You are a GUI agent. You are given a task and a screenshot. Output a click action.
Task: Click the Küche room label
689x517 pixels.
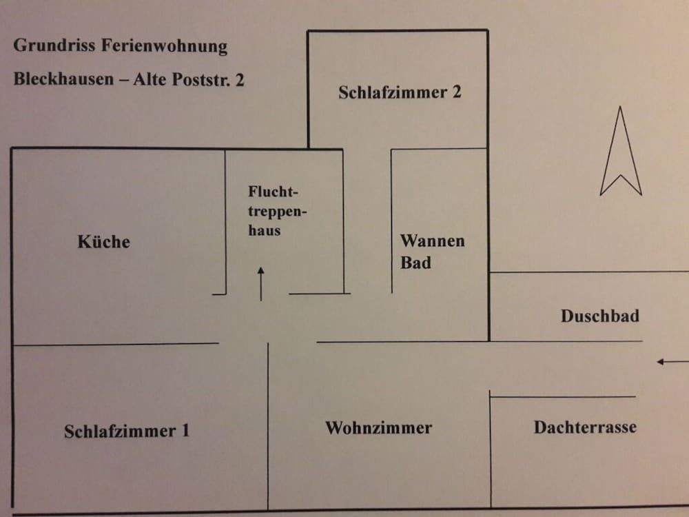tap(104, 241)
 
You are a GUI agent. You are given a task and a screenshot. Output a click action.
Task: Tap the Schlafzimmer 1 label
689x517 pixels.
tap(127, 431)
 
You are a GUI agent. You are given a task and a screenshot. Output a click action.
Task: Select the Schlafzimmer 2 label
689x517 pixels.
tap(400, 92)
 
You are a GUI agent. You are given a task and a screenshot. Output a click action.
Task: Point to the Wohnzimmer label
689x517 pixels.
tap(379, 428)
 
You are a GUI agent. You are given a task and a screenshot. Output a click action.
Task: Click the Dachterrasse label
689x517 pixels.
tap(585, 427)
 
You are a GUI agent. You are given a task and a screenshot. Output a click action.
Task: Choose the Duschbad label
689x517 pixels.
tap(600, 316)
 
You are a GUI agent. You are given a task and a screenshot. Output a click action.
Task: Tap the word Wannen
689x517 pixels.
tap(433, 241)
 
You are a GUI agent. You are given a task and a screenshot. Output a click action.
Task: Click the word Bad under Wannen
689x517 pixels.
tap(415, 263)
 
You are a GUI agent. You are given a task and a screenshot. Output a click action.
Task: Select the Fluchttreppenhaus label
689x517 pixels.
tap(277, 210)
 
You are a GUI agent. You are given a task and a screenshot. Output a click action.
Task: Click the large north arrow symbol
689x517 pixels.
tap(621, 151)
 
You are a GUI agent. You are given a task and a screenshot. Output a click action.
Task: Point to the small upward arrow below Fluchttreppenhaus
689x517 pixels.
tap(261, 284)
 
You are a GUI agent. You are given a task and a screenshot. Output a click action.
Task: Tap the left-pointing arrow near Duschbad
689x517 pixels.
tap(672, 362)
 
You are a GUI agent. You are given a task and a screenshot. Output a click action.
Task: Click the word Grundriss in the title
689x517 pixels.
tap(54, 45)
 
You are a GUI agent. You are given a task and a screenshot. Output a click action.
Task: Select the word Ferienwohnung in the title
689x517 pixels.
tap(165, 45)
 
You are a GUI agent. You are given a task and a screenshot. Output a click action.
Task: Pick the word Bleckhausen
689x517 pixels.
tap(63, 79)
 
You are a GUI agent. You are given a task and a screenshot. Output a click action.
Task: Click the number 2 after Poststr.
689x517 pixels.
tap(240, 80)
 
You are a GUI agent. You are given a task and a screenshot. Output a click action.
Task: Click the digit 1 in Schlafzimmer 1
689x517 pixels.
tap(185, 430)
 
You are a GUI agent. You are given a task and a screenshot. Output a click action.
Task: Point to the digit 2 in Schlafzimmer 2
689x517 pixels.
tap(457, 92)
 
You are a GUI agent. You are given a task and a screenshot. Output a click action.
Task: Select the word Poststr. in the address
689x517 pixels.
tap(201, 79)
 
